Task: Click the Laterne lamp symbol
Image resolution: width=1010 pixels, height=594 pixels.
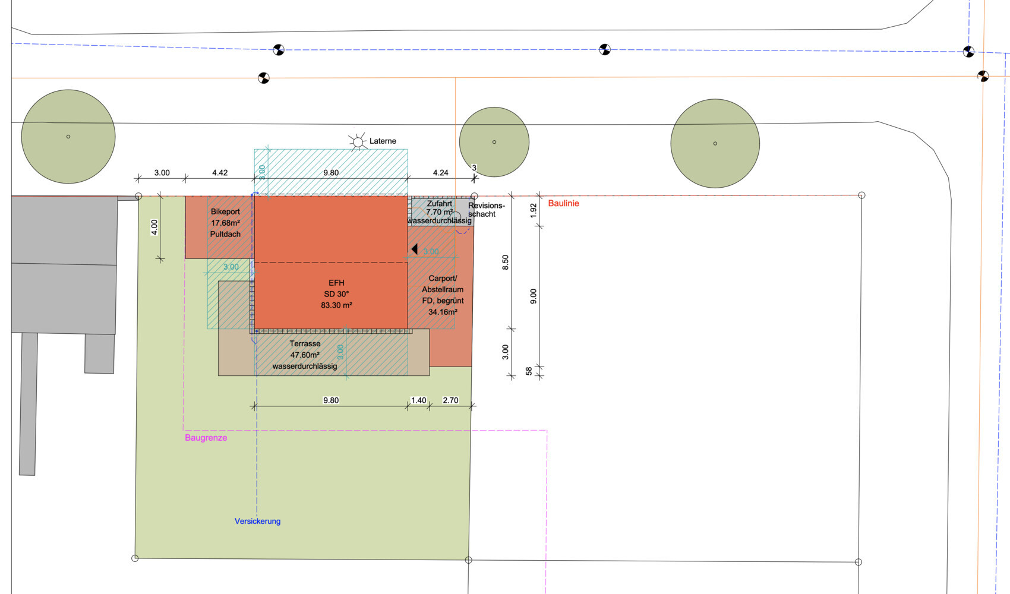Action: tap(358, 141)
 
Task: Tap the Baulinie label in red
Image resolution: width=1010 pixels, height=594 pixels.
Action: tap(563, 203)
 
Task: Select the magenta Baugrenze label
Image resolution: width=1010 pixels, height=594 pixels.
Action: tap(206, 438)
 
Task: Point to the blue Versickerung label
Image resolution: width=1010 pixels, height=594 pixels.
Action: tap(257, 521)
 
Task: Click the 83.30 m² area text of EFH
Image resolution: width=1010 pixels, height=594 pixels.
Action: tap(336, 305)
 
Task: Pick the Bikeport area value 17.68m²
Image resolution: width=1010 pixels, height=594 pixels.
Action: tap(225, 223)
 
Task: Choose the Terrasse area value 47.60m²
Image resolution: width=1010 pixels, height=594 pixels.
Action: tap(305, 355)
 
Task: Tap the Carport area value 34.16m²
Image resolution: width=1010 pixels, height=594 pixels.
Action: tap(443, 312)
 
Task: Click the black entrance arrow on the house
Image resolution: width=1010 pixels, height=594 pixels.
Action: tap(414, 249)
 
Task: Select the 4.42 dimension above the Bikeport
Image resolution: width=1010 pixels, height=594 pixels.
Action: tap(219, 173)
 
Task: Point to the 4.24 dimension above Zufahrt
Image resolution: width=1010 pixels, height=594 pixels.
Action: tap(440, 173)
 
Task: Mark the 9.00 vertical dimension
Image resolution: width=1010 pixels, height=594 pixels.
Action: tap(534, 296)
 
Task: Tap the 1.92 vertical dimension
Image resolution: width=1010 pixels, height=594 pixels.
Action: tap(534, 210)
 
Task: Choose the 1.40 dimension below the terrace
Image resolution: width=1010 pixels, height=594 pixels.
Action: tap(418, 400)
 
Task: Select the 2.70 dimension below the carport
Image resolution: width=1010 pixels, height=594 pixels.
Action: tap(450, 400)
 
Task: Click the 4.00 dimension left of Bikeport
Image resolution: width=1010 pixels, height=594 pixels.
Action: tap(154, 227)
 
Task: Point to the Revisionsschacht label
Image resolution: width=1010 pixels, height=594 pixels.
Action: tap(486, 210)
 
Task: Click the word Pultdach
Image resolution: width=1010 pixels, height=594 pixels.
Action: tap(225, 234)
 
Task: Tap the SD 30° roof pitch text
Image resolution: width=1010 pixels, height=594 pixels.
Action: tap(336, 294)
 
